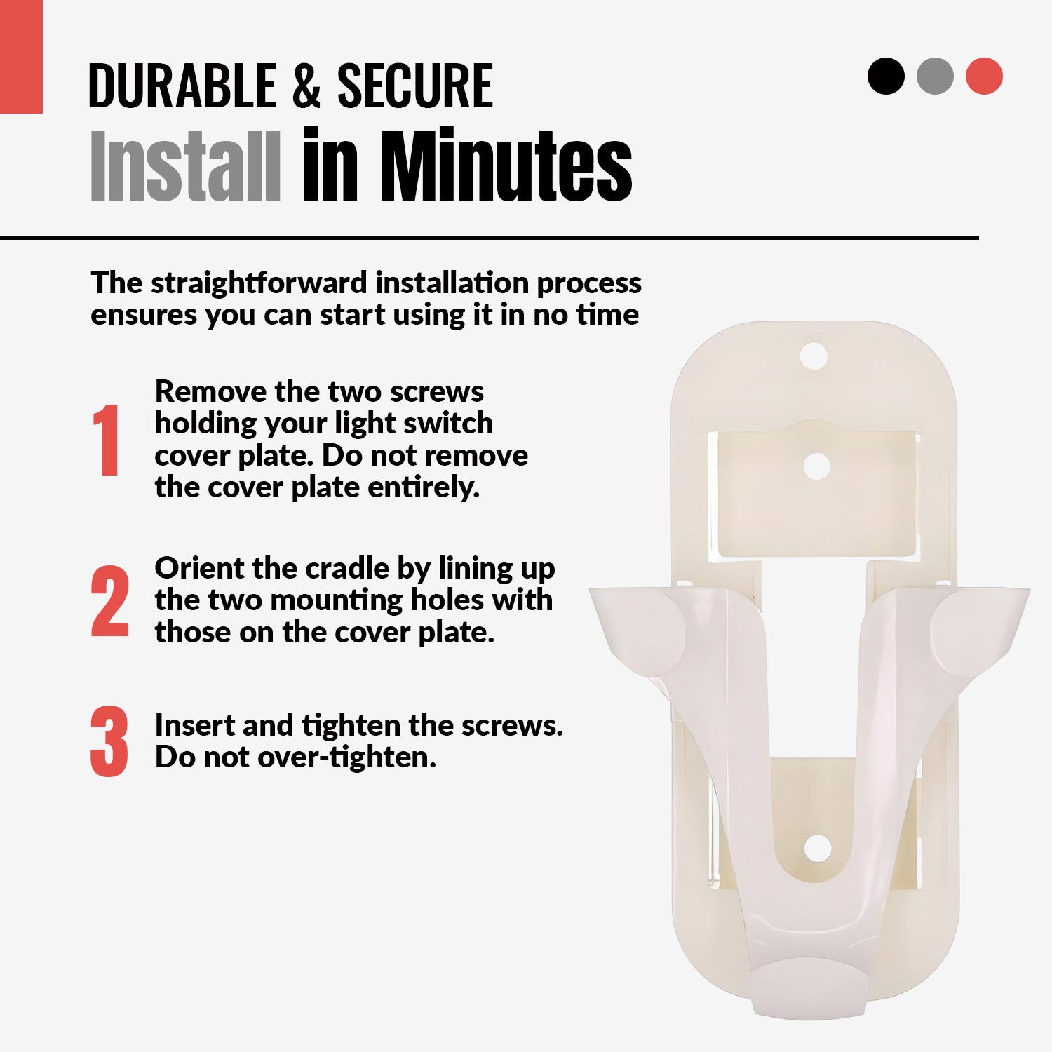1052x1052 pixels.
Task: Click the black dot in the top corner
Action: [x=886, y=76]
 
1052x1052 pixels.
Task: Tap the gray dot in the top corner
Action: [x=935, y=76]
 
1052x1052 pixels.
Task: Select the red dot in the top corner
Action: [x=984, y=76]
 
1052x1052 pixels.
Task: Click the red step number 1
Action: [x=106, y=440]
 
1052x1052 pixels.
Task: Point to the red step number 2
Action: [x=110, y=601]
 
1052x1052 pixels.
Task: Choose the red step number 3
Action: [x=109, y=741]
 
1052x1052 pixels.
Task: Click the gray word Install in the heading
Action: [x=186, y=166]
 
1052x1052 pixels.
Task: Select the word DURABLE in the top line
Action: [x=182, y=86]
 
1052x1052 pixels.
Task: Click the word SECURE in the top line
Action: [x=415, y=86]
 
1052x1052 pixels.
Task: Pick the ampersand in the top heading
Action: [x=306, y=86]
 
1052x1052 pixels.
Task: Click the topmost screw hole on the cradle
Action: [x=814, y=356]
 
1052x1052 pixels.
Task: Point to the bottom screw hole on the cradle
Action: [x=817, y=849]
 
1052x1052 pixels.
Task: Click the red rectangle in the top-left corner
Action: [x=21, y=56]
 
